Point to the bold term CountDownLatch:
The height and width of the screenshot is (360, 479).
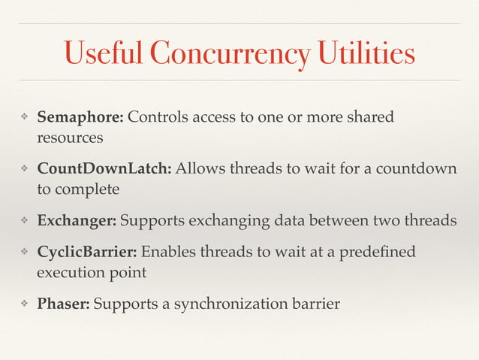(105, 168)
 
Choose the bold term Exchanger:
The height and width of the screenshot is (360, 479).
(77, 222)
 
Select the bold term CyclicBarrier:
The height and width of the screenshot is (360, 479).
(87, 250)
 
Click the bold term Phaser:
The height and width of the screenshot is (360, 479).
(64, 304)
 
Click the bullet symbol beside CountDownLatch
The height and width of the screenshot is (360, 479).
(24, 168)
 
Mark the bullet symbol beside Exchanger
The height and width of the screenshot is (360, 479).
(24, 222)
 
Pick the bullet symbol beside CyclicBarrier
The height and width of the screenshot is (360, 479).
(24, 250)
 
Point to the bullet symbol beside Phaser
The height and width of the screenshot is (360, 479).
(24, 304)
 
